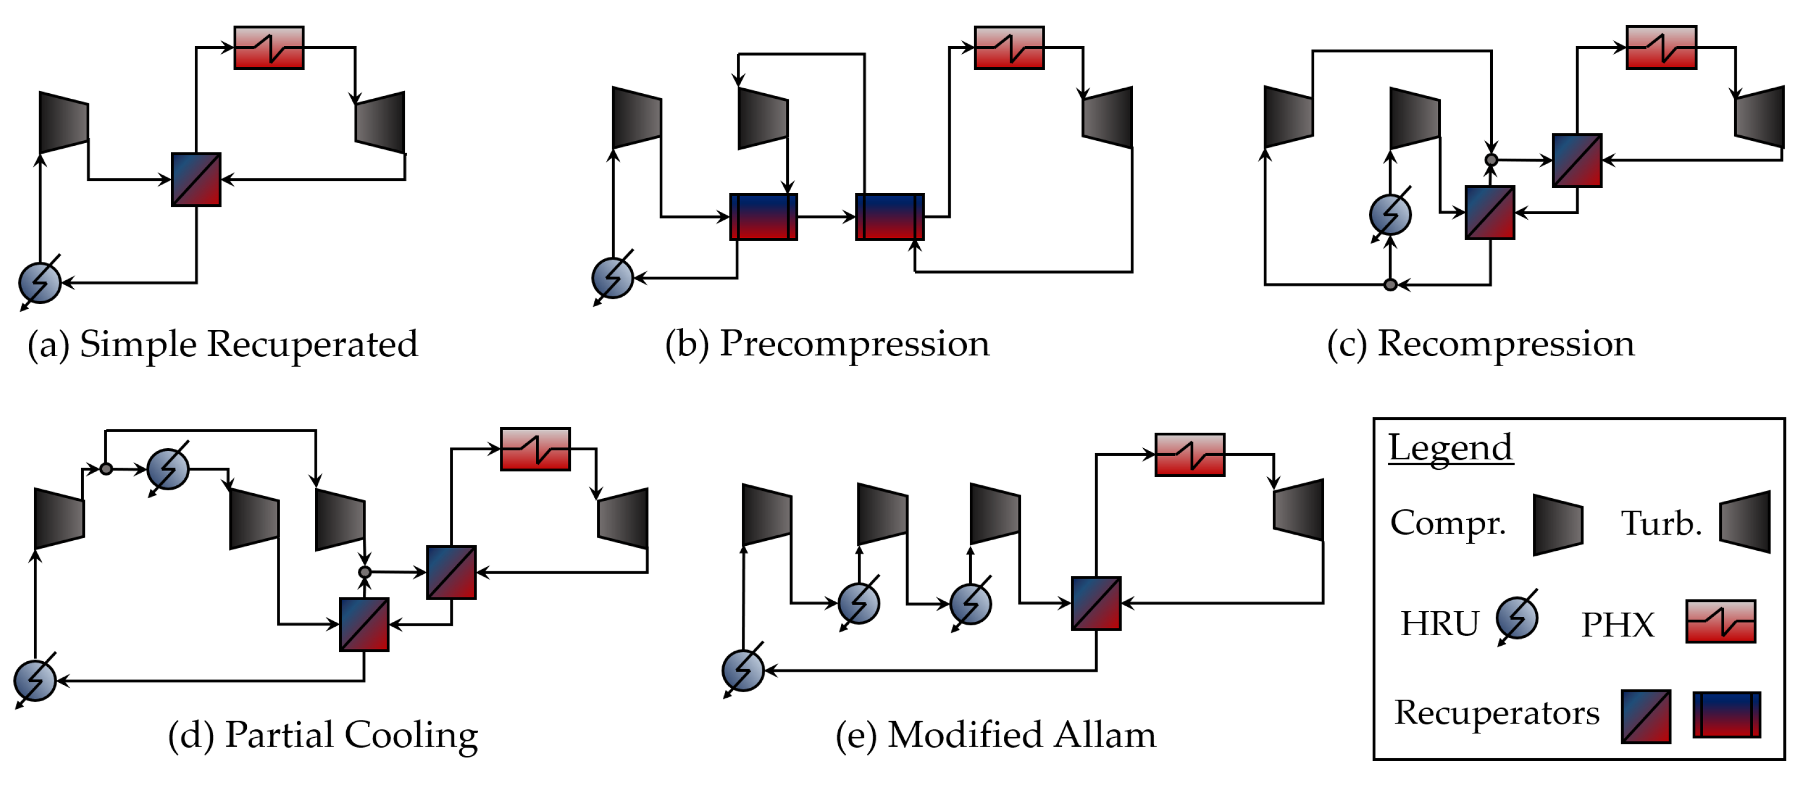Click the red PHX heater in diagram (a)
pos(269,48)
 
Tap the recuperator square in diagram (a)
pos(196,180)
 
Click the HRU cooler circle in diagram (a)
pos(40,283)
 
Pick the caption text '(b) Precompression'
pos(827,344)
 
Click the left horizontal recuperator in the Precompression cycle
pos(763,217)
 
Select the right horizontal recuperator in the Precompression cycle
pos(889,217)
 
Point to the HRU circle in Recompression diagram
pos(1390,214)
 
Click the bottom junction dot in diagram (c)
pos(1390,284)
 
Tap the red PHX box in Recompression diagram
pos(1662,48)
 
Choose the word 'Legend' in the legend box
pos(1450,448)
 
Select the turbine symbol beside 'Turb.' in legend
pos(1745,521)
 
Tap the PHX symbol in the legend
pos(1721,621)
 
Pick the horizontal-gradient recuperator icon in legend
pos(1726,714)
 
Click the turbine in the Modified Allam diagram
pos(1299,510)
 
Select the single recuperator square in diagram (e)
pos(1096,603)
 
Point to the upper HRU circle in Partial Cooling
pos(169,469)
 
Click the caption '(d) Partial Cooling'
pos(323,735)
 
